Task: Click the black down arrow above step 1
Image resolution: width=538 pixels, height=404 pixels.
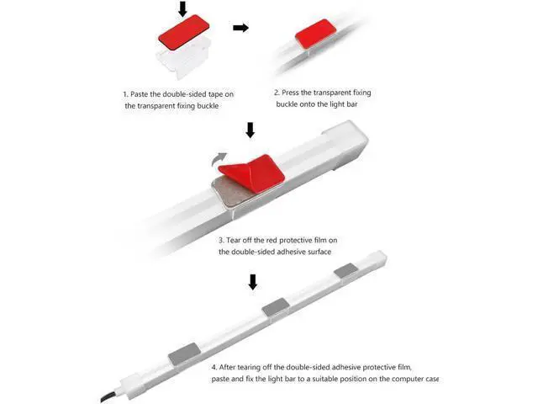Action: coord(183,9)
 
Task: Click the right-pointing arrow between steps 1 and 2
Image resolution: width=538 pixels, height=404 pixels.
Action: coord(241,28)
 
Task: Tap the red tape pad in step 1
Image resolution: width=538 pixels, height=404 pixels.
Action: coord(184,32)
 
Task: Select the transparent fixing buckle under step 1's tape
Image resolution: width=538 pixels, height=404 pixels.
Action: coord(183,59)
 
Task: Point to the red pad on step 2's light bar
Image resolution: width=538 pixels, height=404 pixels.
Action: coord(315,34)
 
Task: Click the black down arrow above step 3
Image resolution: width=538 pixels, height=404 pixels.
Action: coord(251,130)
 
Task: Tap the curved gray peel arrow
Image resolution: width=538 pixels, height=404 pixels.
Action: coord(219,159)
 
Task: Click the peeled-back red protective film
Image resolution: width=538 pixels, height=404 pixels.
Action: coord(252,173)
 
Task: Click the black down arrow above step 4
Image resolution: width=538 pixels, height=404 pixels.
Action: coord(253,282)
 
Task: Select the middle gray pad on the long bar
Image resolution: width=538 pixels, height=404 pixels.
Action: coord(276,306)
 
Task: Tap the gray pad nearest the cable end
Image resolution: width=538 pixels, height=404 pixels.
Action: coord(185,353)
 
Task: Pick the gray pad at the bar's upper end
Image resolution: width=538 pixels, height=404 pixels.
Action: coord(345,270)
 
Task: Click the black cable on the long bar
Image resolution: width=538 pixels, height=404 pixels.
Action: coord(109,396)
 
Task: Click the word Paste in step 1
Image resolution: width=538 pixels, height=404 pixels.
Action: coord(140,94)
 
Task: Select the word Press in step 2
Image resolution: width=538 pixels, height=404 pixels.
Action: coord(290,93)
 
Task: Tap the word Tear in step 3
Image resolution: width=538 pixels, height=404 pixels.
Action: coord(234,240)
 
